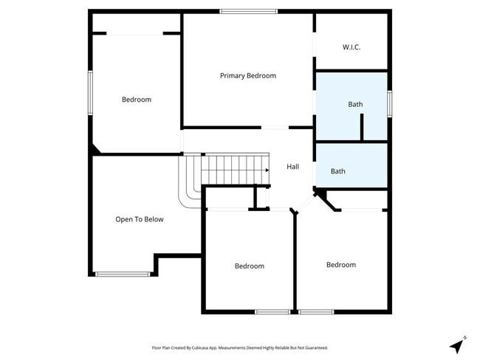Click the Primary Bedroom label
coord(248,76)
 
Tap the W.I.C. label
coord(352,47)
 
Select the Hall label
coord(292,167)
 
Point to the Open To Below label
coord(140,219)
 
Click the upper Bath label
coord(355,104)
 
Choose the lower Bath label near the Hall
coord(337,171)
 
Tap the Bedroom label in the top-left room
coord(136,100)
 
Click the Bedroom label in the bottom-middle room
coord(249,266)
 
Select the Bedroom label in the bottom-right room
coord(340,265)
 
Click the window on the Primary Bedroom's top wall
coord(248,11)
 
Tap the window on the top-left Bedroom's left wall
coord(90,92)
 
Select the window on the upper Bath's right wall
coord(389,103)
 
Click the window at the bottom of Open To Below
coord(123,274)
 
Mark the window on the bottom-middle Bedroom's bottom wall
coord(272,311)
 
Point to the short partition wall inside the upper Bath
coord(362,127)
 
